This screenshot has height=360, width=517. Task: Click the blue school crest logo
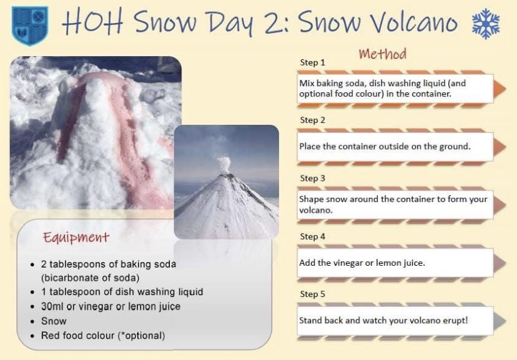(30, 26)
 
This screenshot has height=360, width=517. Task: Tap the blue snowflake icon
(486, 24)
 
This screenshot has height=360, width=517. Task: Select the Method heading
(383, 54)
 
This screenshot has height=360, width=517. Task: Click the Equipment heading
(76, 237)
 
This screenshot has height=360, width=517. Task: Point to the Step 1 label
(312, 62)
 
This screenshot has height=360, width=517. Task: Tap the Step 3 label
(312, 178)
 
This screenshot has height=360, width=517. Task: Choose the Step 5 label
(312, 294)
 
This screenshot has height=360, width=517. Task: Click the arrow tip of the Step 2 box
(506, 147)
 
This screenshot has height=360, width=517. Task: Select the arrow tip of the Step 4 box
(506, 263)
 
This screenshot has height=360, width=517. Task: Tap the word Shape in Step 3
(311, 200)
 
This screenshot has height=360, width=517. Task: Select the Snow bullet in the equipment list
(54, 321)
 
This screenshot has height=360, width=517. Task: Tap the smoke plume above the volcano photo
(224, 164)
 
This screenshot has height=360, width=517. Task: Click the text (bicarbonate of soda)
(90, 278)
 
